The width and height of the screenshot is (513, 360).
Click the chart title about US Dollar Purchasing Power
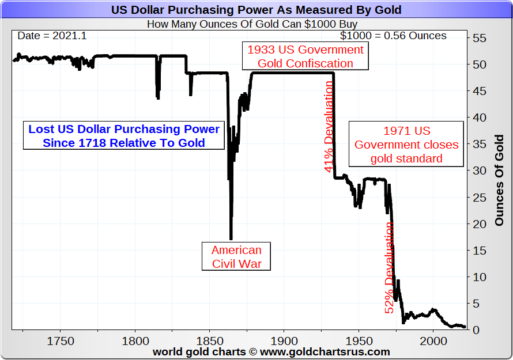tap(256, 10)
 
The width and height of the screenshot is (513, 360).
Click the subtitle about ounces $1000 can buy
tap(252, 24)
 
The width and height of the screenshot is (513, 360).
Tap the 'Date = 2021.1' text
tap(52, 36)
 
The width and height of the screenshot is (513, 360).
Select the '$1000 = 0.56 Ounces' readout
tap(393, 36)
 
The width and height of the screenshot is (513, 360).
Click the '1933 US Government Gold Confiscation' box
tap(305, 56)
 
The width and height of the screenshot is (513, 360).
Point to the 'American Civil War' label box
tap(236, 257)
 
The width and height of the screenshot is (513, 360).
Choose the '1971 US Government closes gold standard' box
tap(406, 145)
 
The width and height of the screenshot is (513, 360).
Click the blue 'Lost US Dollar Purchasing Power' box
tap(124, 135)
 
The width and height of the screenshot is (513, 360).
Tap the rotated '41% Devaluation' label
tap(329, 126)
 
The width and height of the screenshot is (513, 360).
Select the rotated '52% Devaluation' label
tap(390, 268)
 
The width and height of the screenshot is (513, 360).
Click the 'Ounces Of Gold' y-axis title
tap(499, 180)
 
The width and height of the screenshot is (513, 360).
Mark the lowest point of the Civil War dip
tap(231, 238)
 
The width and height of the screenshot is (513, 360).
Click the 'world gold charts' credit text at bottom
tap(271, 351)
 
